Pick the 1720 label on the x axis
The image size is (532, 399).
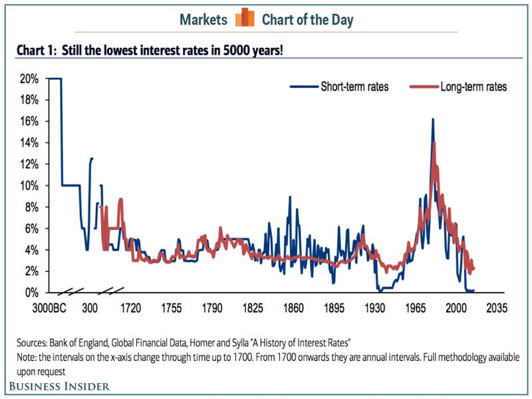pyautogui.click(x=131, y=309)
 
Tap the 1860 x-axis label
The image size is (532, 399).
pyautogui.click(x=293, y=309)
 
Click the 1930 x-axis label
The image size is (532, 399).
pyautogui.click(x=375, y=309)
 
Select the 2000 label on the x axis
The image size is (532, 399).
pyautogui.click(x=456, y=309)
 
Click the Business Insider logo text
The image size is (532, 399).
pyautogui.click(x=59, y=386)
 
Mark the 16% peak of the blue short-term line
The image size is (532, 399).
pyautogui.click(x=433, y=120)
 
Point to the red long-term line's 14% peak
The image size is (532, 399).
pyautogui.click(x=434, y=144)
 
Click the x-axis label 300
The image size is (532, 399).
pyautogui.click(x=90, y=309)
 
